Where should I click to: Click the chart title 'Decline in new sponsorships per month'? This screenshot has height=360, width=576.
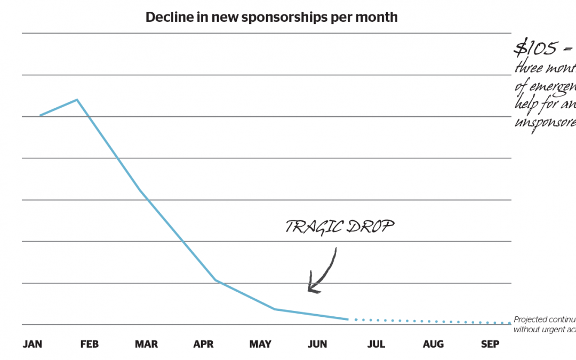point(271,17)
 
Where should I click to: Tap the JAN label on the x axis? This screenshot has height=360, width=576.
point(32,345)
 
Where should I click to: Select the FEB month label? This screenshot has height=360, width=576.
point(89,345)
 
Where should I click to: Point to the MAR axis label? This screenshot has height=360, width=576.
point(146,345)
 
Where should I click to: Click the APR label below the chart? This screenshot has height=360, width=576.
point(203,345)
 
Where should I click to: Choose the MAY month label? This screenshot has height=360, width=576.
point(260,345)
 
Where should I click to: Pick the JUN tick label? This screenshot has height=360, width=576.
point(317,345)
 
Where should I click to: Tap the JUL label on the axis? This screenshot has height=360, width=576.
point(376,345)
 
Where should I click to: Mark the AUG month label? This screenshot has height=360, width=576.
point(433,345)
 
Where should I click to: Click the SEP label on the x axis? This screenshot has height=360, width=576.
point(490,345)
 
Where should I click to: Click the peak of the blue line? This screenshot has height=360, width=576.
point(77,100)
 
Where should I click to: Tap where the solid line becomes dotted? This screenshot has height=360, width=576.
point(348,319)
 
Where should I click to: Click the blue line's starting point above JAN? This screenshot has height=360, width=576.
point(40,115)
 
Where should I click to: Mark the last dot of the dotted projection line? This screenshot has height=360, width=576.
point(509,323)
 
